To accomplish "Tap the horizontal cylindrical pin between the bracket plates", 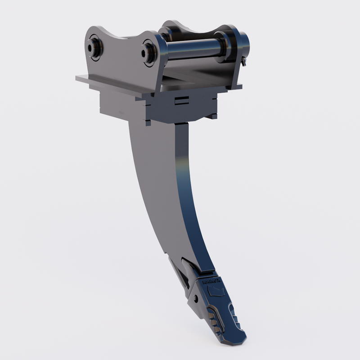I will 193,49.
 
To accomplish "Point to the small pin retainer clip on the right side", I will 243,61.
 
